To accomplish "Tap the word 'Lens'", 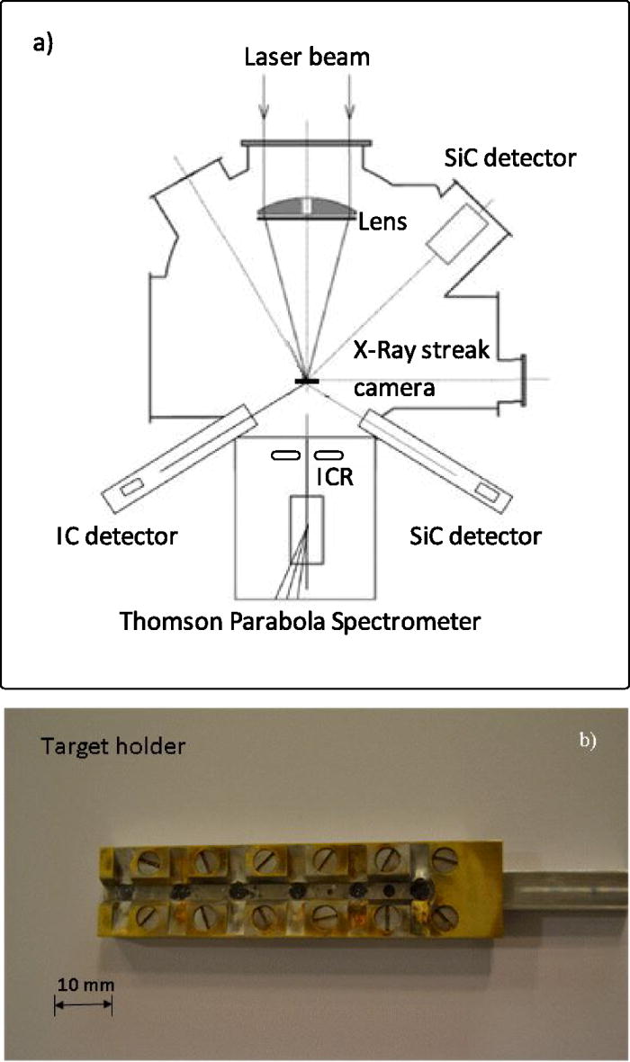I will pos(383,220).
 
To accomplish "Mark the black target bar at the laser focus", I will pos(306,382).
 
